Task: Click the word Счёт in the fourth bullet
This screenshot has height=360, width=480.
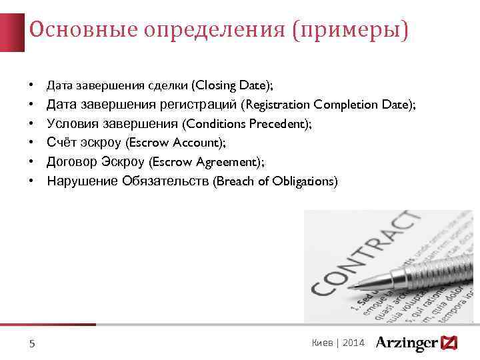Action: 62,143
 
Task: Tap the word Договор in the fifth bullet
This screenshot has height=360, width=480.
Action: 73,162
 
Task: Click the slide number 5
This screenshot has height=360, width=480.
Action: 32,344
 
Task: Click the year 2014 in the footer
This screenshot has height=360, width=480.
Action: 354,343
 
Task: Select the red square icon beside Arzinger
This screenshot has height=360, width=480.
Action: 449,343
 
